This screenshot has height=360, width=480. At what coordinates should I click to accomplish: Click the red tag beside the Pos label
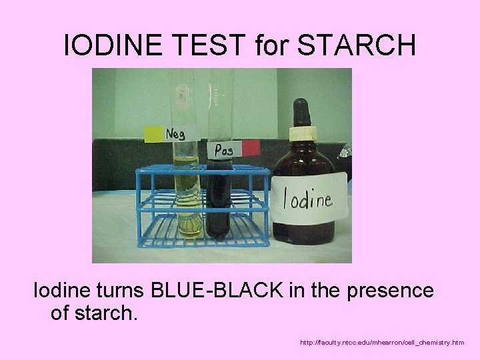pyautogui.click(x=251, y=147)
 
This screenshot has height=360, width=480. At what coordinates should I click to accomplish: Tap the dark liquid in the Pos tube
pyautogui.click(x=219, y=200)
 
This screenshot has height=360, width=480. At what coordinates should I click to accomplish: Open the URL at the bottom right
pyautogui.click(x=382, y=343)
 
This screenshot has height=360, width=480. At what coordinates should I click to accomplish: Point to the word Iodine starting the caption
pyautogui.click(x=59, y=291)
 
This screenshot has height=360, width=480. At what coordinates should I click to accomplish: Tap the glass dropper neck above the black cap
pyautogui.click(x=302, y=101)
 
